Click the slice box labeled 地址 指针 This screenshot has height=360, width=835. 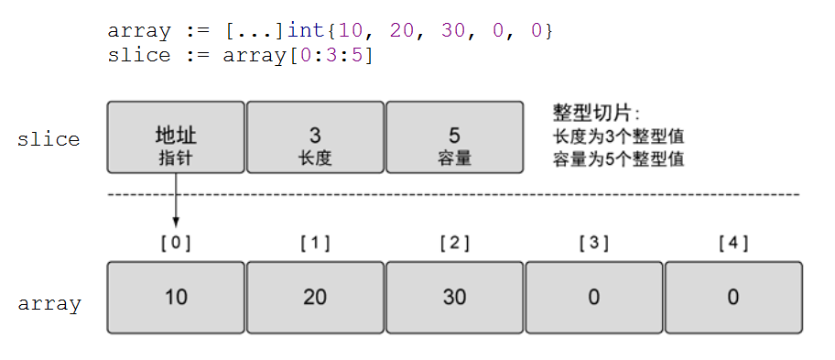tap(176, 137)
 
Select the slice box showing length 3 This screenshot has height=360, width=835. tap(315, 137)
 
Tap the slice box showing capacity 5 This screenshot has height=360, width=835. tap(455, 137)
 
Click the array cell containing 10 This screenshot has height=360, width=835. tap(176, 297)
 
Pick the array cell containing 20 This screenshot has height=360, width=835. tap(315, 297)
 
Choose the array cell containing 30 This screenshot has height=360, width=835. tap(455, 297)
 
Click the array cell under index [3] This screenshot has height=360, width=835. tap(594, 297)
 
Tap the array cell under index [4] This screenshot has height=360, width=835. tap(733, 297)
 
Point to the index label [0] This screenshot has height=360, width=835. tap(176, 244)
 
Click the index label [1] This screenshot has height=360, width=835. tap(315, 244)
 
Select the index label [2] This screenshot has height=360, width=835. tap(455, 244)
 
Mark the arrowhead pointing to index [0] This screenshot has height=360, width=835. tap(176, 223)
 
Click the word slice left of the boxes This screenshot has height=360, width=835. tap(49, 139)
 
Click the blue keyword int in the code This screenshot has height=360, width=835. tap(306, 30)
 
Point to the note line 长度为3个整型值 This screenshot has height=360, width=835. tap(618, 136)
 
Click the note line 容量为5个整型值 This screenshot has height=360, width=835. tap(618, 159)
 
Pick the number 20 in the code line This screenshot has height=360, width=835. tap(402, 30)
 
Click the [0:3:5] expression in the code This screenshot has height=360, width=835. tap(331, 55)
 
